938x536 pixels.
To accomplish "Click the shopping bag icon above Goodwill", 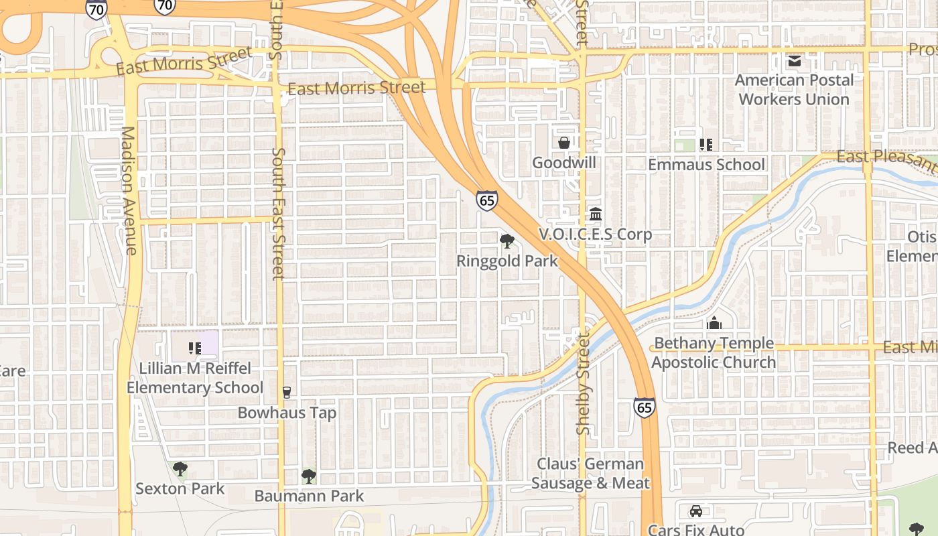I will click(564, 143).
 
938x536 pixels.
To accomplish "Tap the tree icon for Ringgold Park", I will click(507, 241).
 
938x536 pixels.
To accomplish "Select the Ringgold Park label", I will click(507, 261).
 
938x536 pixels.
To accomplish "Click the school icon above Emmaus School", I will click(705, 144).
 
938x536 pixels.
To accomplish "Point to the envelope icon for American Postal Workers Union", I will click(795, 62).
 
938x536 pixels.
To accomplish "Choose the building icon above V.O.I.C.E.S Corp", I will click(595, 214).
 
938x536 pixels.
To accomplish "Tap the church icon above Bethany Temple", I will click(714, 323).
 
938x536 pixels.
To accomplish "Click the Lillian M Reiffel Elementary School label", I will click(195, 378).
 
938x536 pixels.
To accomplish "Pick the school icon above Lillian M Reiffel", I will click(195, 348).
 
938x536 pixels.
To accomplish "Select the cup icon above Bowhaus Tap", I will click(287, 393).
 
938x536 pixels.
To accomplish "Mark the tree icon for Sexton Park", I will click(180, 469).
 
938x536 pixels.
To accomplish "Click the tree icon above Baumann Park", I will click(309, 476).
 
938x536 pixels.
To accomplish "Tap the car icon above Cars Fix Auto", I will click(696, 511).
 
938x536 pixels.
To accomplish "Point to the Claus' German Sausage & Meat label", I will click(590, 473).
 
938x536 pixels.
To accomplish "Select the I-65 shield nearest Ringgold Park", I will click(487, 200).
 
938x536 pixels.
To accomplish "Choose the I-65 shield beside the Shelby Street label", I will click(645, 407).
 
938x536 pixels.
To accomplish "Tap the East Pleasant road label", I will click(886, 159).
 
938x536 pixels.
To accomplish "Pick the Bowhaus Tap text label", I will click(287, 413).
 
